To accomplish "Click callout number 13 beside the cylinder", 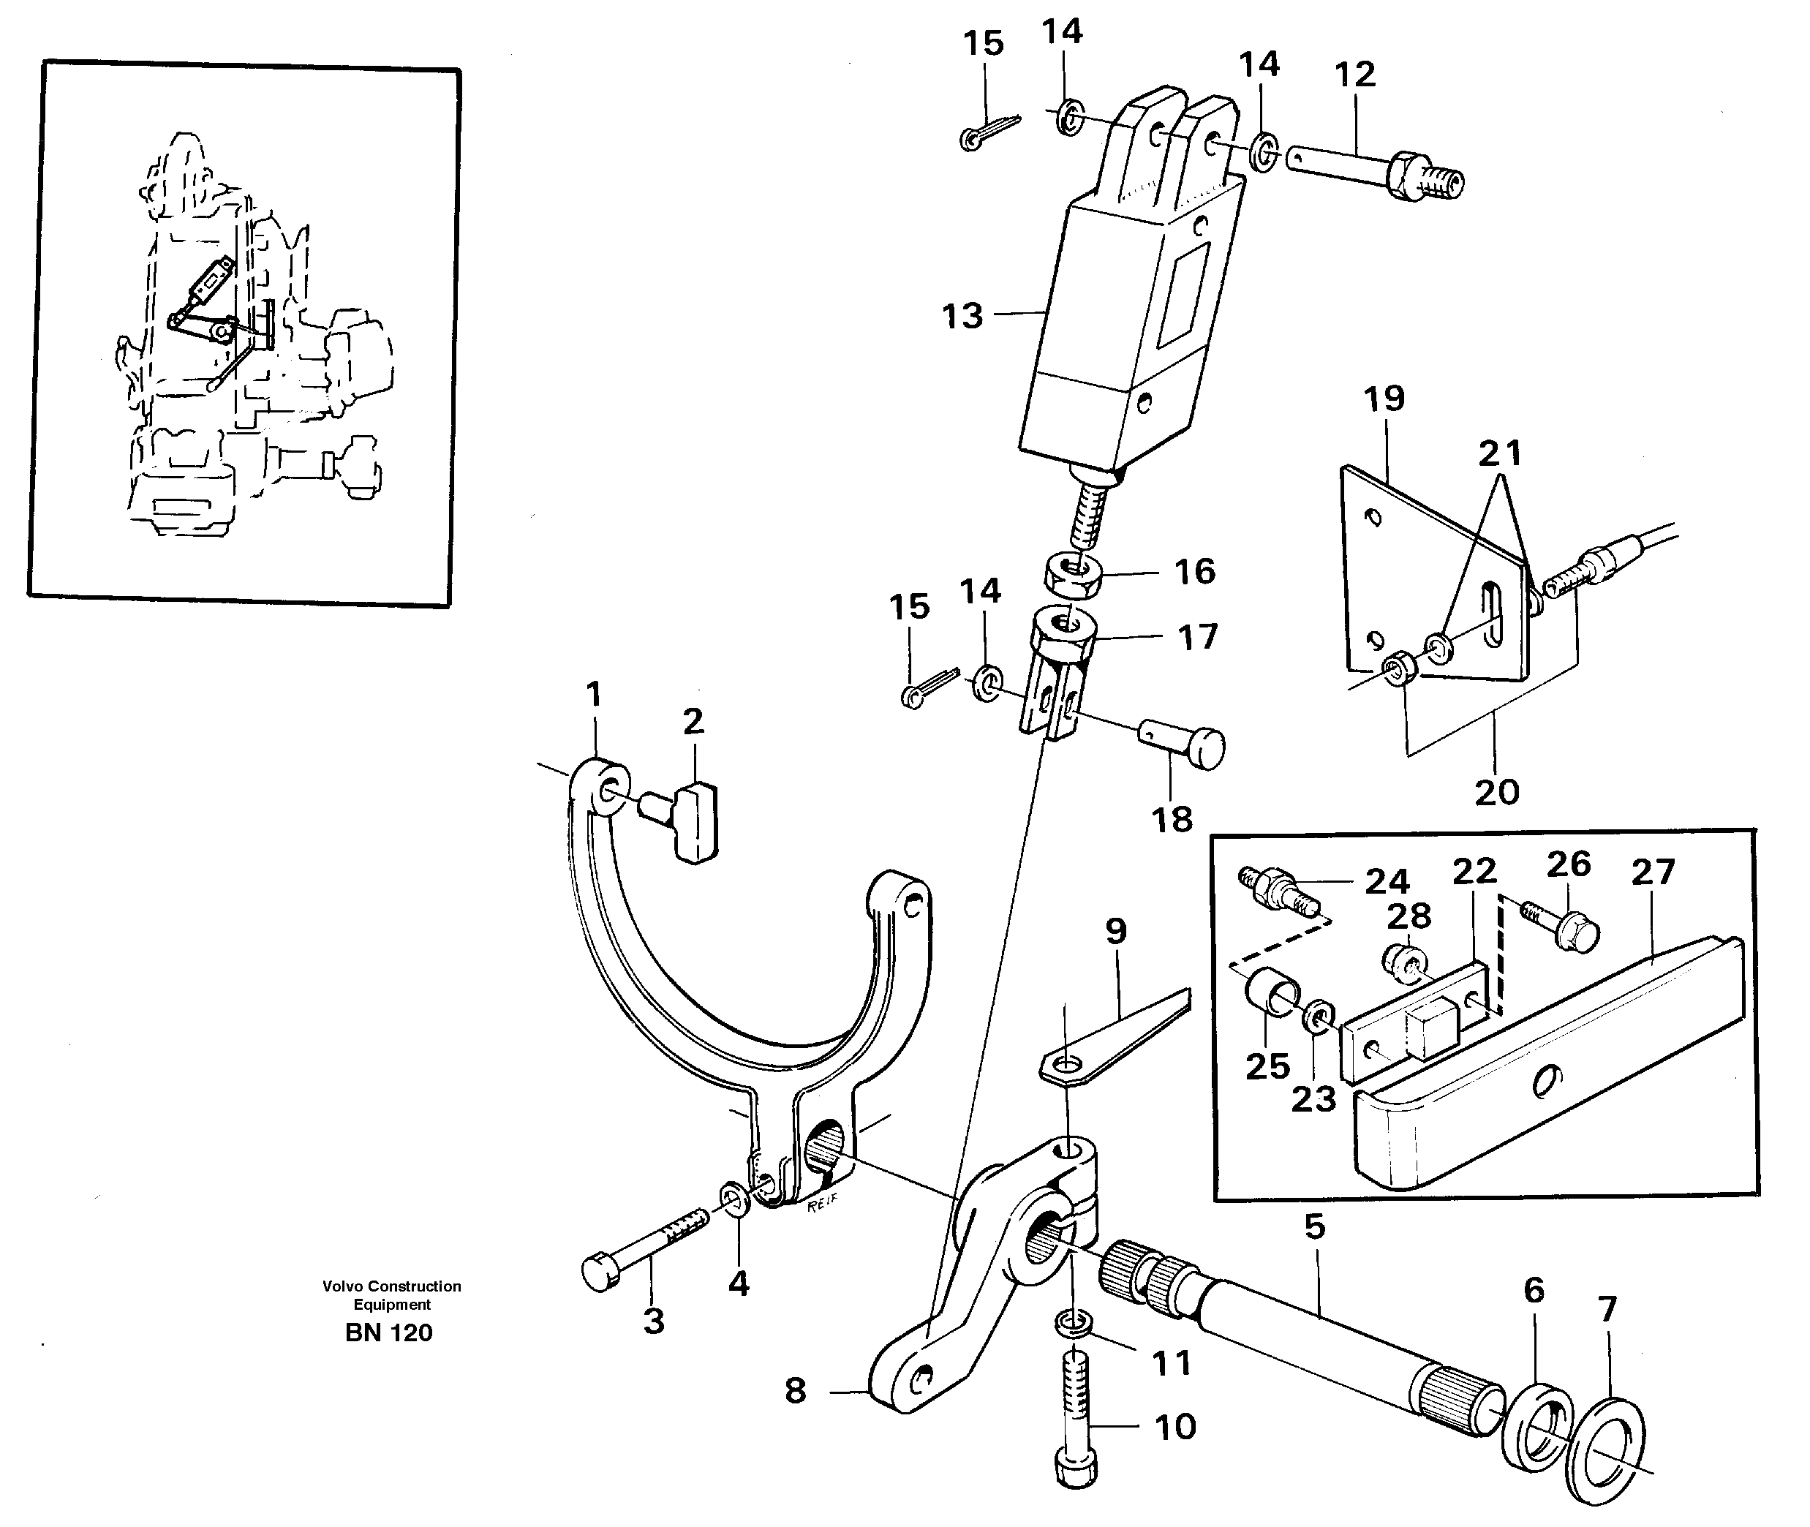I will click(x=962, y=316).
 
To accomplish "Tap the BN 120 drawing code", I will click(x=388, y=1332).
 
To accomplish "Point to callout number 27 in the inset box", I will click(x=1653, y=872).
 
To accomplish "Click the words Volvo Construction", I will click(x=391, y=1286).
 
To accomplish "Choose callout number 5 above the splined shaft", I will click(x=1314, y=1226).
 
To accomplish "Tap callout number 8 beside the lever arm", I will click(x=795, y=1390).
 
